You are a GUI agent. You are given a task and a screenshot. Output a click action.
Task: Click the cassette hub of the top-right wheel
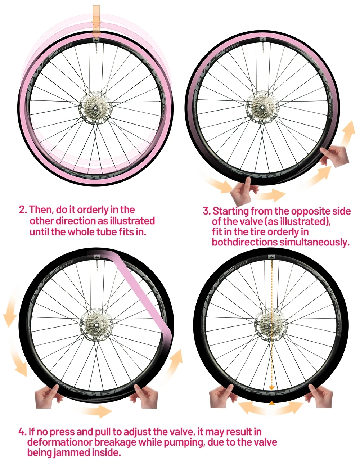[262, 107]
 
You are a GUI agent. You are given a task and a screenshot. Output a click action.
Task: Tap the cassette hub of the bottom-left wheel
[96, 325]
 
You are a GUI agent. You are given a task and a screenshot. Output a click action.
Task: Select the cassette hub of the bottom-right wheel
[271, 325]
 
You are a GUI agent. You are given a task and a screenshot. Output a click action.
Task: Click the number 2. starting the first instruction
[23, 210]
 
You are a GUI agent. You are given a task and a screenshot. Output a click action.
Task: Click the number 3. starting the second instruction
[207, 211]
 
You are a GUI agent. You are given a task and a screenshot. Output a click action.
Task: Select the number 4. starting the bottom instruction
[22, 432]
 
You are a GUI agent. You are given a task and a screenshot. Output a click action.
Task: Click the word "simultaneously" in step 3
[314, 242]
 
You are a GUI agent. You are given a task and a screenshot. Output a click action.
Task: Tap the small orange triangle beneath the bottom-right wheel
[272, 402]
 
